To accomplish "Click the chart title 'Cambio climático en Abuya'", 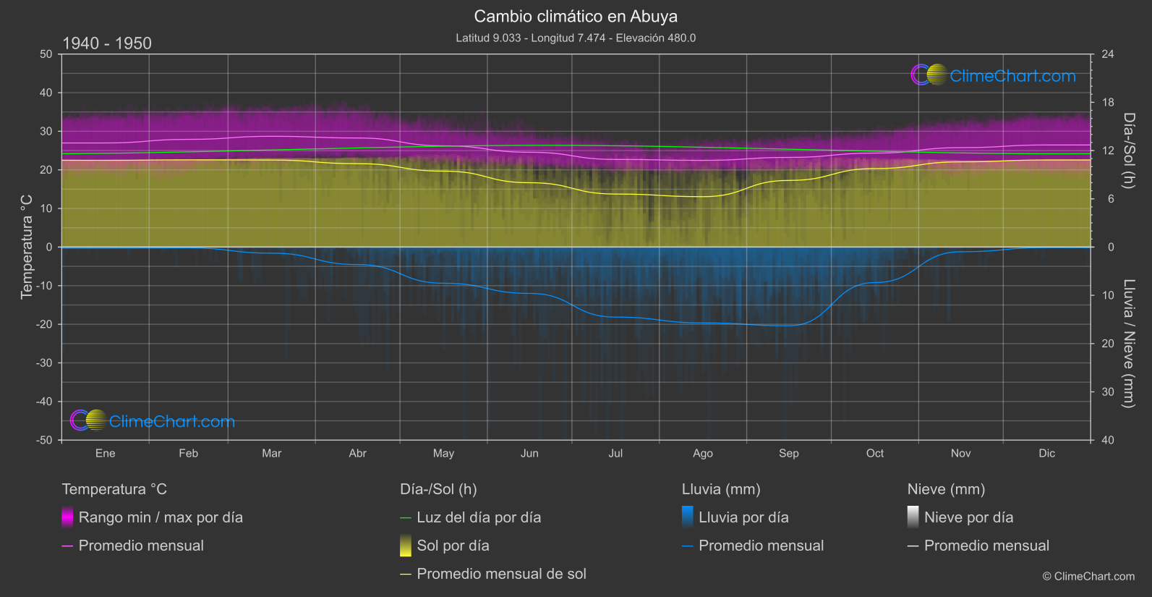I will pos(576,16).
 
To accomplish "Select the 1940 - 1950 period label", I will pos(107,43).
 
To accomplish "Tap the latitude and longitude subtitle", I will pos(576,38).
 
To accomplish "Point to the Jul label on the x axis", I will pos(615,453).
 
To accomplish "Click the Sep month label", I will pos(789,453).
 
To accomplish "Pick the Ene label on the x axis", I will pos(106,453).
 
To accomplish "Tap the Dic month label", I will pos(1046,453).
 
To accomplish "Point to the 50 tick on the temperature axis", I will pos(46,54).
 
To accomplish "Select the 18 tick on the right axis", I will pos(1108,102).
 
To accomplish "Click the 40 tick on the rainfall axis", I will pos(1108,440).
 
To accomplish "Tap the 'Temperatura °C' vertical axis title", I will pos(27,246).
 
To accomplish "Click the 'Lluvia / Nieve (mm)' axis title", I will pos(1128,344).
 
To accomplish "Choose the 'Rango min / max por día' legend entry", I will pos(161,517).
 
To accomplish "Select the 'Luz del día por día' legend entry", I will pos(479,517).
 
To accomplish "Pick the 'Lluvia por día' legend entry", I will pos(743,517).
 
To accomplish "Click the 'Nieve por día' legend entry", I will pos(968,517).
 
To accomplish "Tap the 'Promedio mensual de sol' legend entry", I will pos(501,574).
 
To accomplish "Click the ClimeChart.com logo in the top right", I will pos(994,75).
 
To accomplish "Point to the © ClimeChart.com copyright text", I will pos(1088,576).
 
